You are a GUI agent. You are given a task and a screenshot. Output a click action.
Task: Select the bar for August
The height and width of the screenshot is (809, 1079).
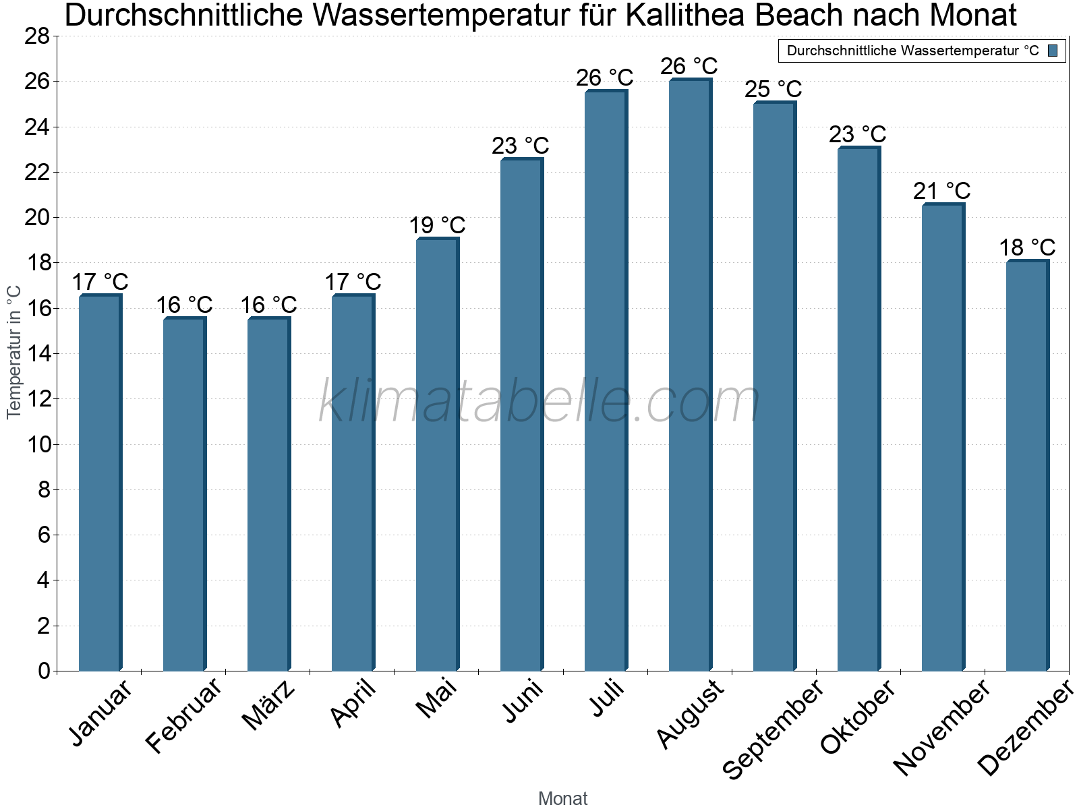[x=689, y=376]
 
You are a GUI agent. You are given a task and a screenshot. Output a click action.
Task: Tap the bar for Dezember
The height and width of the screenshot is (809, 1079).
[x=1026, y=466]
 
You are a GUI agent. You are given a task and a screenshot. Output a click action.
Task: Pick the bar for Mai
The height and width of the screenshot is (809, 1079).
[x=436, y=455]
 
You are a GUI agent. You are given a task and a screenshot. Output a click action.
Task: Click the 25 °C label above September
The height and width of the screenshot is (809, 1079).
[x=773, y=89]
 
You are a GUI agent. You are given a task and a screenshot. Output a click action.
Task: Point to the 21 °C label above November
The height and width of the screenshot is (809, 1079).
[x=941, y=191]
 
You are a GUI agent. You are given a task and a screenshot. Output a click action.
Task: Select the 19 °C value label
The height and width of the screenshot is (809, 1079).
[x=437, y=225]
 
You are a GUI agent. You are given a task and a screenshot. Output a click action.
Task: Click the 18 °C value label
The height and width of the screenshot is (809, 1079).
[x=1026, y=247]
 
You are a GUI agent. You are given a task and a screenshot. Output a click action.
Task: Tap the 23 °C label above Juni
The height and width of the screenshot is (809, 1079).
[x=520, y=146]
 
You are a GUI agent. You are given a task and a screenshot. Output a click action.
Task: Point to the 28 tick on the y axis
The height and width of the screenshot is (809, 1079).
[x=37, y=36]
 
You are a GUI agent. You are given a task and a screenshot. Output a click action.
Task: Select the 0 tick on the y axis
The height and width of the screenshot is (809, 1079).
[x=44, y=671]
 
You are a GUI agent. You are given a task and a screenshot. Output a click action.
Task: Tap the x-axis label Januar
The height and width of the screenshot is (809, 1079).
[x=101, y=713]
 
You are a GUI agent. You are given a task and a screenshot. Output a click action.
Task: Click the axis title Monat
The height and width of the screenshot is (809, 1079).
[x=562, y=799]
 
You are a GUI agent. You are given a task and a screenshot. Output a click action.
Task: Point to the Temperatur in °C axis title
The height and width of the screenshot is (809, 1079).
[x=14, y=352]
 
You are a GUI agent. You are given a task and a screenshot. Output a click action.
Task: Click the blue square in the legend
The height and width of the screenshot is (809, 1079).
[x=1053, y=51]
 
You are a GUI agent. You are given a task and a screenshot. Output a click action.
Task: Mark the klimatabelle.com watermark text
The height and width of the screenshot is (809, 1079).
[x=539, y=402]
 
